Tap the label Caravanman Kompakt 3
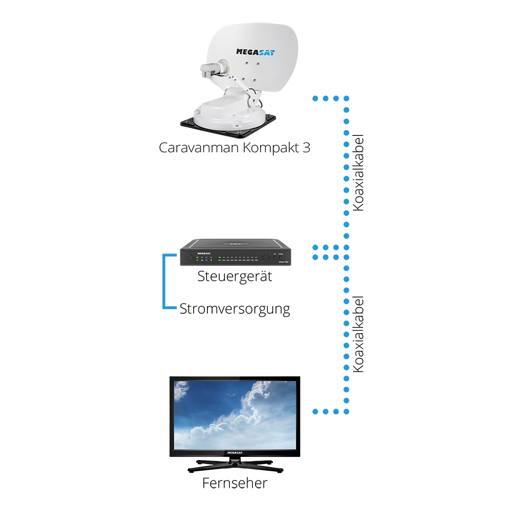coord(235,148)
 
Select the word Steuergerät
coord(235,277)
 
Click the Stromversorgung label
coord(235,309)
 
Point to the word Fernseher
coord(235,482)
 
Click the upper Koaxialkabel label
coord(358,173)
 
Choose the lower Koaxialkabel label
coord(358,334)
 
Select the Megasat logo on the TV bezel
coord(235,453)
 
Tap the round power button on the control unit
coord(190,258)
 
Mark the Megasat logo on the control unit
coord(191,249)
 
